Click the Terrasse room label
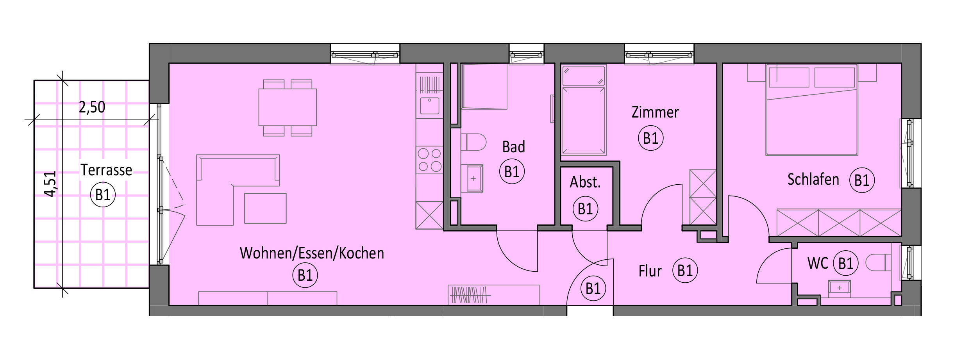coord(106,170)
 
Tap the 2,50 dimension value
coord(92,107)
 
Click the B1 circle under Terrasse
coord(103,194)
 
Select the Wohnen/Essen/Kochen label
coord(312,253)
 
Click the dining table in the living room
coord(287,107)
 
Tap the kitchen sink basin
coord(429,105)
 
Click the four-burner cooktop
coord(429,160)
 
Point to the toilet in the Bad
coord(473,142)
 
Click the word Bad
coord(513,147)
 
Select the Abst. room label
coord(585,182)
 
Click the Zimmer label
coord(655,112)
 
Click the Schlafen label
coord(813,180)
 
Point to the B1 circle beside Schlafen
coord(862,180)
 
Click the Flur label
coord(650,271)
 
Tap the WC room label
coord(818,264)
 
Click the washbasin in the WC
coord(840,288)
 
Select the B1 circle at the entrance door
coord(593,289)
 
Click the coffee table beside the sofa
coord(265,208)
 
